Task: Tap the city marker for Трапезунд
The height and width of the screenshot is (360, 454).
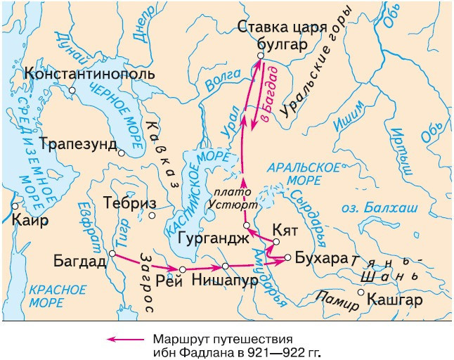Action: (122, 153)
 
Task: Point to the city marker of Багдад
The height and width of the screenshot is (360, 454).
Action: (112, 253)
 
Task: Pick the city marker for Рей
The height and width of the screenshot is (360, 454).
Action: (182, 269)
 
